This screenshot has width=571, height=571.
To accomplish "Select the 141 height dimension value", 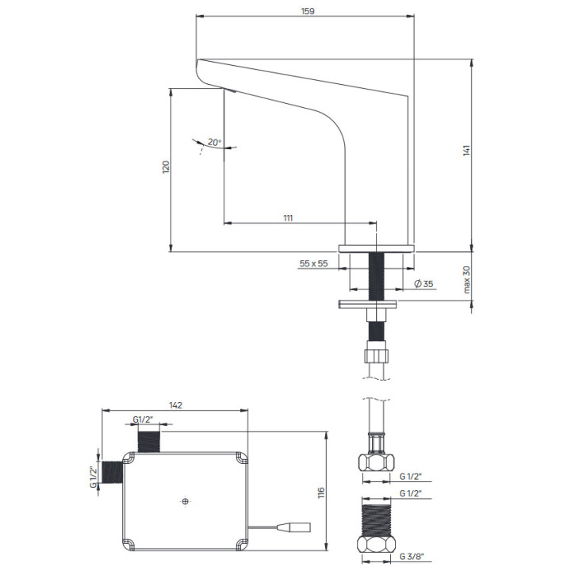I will (467, 150).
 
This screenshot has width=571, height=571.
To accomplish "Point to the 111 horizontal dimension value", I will (288, 217).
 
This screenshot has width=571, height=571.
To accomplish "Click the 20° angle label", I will (214, 143).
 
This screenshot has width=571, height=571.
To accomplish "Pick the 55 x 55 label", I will (314, 263).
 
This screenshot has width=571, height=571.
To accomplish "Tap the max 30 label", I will (467, 279).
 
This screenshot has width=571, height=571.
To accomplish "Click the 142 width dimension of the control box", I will (176, 405).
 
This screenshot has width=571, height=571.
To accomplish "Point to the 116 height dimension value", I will (321, 493).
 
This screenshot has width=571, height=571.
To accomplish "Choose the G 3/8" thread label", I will (412, 556).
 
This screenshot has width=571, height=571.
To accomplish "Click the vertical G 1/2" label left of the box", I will (93, 477).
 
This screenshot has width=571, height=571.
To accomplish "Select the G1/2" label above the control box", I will (144, 419).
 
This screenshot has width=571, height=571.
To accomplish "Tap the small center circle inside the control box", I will (185, 501).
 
